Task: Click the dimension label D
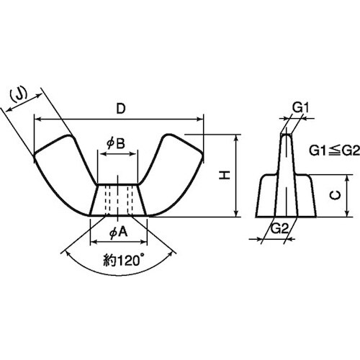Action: [x=121, y=109]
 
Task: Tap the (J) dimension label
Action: [x=19, y=94]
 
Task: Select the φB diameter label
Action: [x=116, y=144]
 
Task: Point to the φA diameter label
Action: [x=118, y=233]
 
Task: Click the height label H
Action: [x=225, y=175]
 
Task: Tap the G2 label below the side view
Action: [x=279, y=229]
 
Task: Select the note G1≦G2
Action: [x=334, y=151]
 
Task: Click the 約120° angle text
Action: [x=122, y=261]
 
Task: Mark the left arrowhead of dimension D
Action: [x=37, y=119]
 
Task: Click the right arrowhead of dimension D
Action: [x=200, y=119]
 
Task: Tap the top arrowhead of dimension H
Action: [x=236, y=138]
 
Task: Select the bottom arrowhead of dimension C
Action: [x=347, y=213]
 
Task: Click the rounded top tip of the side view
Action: [x=287, y=135]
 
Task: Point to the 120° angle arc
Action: [x=120, y=275]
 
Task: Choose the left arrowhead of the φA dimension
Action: [x=94, y=242]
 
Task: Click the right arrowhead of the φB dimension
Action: [x=133, y=154]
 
